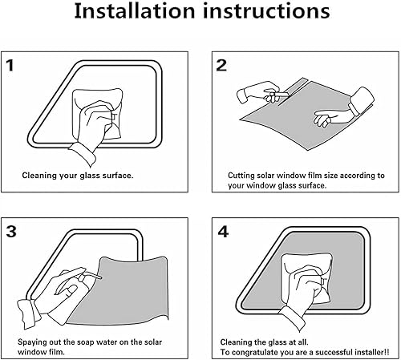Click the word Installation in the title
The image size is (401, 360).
(x=135, y=11)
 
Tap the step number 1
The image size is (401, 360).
(x=10, y=66)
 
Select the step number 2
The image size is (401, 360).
(x=221, y=66)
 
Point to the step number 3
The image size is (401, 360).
(x=11, y=232)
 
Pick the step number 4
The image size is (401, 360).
(x=223, y=232)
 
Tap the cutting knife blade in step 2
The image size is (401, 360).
(x=282, y=95)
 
